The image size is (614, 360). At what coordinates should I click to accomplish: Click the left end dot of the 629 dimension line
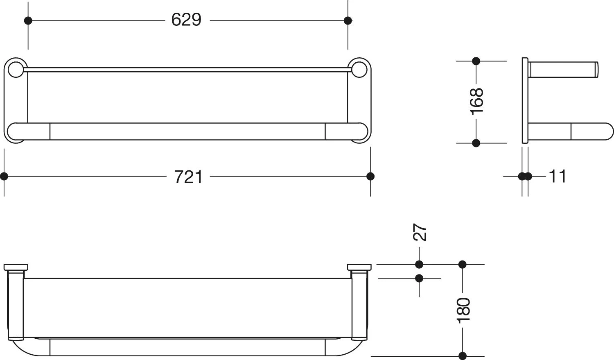[x=28, y=20]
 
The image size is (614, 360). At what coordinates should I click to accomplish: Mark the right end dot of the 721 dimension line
[x=370, y=176]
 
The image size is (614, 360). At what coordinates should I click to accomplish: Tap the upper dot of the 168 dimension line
[x=476, y=61]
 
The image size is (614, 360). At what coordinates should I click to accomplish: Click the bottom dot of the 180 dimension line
[x=463, y=356]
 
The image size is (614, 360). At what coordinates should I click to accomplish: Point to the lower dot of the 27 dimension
[x=419, y=278]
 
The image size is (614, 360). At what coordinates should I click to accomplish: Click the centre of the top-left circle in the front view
[x=16, y=70]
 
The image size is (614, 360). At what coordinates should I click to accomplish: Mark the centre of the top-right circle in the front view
[x=359, y=70]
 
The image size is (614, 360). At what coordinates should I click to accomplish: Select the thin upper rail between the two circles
[x=187, y=70]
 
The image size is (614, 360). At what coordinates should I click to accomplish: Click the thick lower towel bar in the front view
[x=187, y=131]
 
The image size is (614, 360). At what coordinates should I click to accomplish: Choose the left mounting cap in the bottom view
[x=16, y=267]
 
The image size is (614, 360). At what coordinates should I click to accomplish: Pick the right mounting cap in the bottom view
[x=359, y=267]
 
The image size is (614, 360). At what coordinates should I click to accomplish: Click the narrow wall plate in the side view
[x=525, y=100]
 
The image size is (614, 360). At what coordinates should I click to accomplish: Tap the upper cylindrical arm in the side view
[x=563, y=70]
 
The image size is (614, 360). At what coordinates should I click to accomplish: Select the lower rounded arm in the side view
[x=571, y=131]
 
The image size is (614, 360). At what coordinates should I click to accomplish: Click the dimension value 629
[x=186, y=20]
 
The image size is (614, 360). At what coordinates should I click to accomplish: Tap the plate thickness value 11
[x=558, y=176]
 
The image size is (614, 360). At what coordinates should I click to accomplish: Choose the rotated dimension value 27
[x=420, y=232]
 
